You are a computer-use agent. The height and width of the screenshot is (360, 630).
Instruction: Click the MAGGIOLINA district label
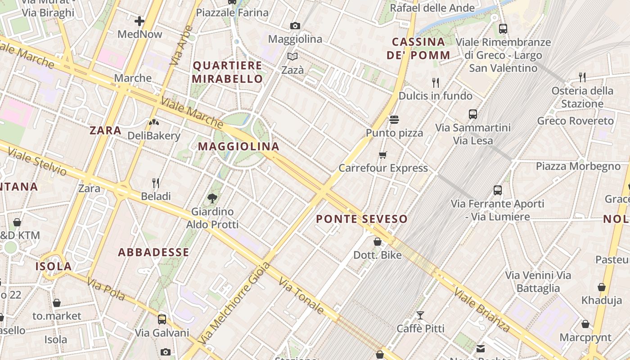238,146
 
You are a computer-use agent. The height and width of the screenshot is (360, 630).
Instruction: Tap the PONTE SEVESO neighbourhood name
361,219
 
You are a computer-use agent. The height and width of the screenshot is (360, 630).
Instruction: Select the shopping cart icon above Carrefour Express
383,155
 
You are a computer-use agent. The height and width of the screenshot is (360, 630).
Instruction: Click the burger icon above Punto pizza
394,120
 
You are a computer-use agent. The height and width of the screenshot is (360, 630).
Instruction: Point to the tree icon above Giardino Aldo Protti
212,198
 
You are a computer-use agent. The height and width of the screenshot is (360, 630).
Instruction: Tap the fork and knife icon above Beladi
156,183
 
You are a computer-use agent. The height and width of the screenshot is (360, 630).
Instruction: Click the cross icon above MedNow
139,21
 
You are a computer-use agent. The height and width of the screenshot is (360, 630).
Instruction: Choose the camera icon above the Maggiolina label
295,26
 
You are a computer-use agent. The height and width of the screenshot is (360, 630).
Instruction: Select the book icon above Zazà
292,57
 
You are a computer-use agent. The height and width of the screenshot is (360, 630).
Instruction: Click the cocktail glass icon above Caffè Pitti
420,315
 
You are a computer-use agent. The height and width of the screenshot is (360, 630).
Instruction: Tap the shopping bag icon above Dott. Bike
377,242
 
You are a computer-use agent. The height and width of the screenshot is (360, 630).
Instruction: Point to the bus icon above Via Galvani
162,319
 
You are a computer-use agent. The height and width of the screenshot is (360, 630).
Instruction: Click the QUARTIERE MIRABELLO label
227,72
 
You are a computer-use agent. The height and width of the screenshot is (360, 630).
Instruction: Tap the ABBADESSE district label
153,252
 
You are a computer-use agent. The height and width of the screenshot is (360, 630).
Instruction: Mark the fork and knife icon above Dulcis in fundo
435,82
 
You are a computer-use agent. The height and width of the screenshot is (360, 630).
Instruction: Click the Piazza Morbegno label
578,166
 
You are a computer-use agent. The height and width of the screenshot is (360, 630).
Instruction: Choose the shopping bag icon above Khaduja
601,287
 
